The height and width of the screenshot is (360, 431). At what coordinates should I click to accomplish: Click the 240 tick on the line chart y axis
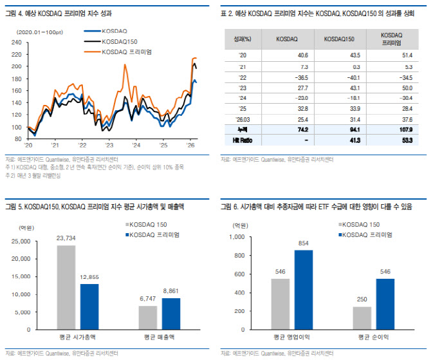tap(17, 43)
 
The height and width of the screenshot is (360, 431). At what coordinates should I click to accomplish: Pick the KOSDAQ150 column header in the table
tap(338, 39)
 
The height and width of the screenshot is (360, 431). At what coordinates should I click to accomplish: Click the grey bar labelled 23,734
tap(66, 287)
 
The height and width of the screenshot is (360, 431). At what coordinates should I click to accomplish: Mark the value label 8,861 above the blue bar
tap(170, 290)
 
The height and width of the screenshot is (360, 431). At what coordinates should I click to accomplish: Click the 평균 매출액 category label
tap(159, 337)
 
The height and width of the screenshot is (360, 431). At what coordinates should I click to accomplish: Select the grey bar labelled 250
tap(362, 317)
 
